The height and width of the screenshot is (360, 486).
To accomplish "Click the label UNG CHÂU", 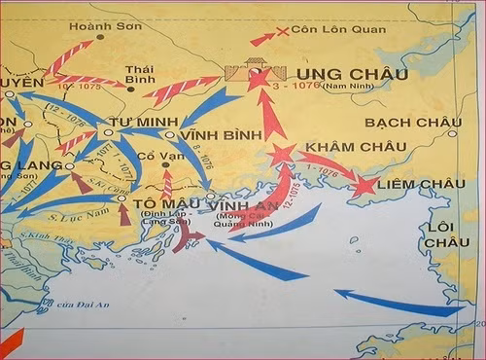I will pyautogui.click(x=345, y=74).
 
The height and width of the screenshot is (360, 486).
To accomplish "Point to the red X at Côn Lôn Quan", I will pyautogui.click(x=283, y=32).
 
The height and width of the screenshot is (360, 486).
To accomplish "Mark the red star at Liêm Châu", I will pyautogui.click(x=365, y=184).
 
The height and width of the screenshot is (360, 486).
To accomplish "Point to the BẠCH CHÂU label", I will pyautogui.click(x=401, y=123).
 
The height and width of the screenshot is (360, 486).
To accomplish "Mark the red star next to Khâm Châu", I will pyautogui.click(x=282, y=153).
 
